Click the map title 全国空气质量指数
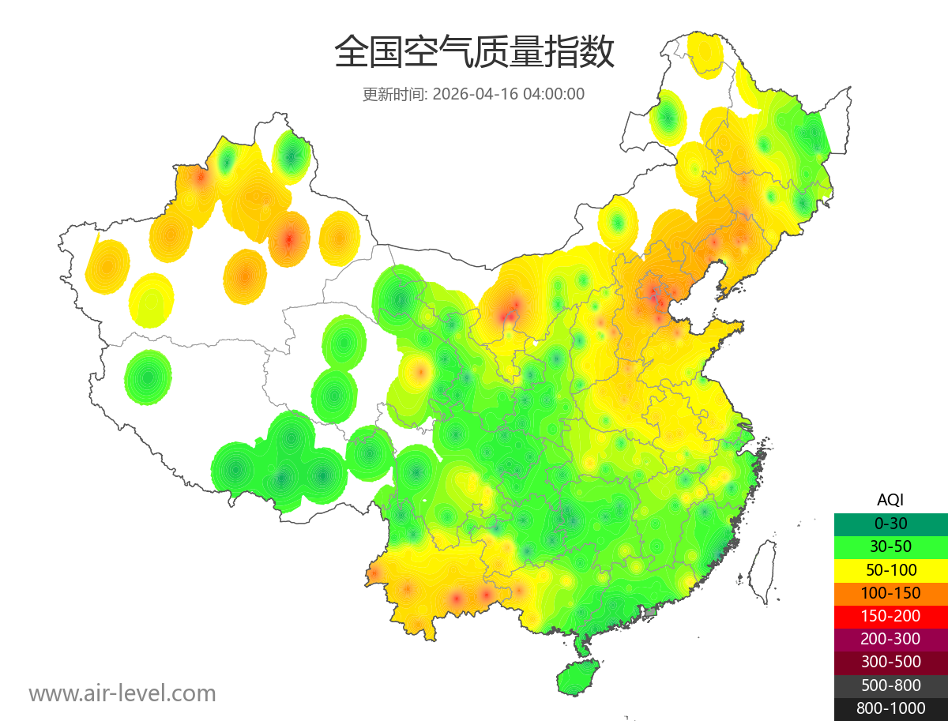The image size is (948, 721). (474, 53)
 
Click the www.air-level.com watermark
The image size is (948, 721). (122, 693)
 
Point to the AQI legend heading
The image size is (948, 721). (890, 499)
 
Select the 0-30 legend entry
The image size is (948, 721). (890, 523)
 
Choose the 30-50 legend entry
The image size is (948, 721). (890, 546)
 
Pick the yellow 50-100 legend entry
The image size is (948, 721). (890, 569)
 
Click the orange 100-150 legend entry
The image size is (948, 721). (890, 592)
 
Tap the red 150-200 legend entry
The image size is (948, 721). (890, 616)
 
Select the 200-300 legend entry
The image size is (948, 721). (890, 639)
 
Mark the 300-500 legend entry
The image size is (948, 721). (890, 662)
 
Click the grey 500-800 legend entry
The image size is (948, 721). (890, 685)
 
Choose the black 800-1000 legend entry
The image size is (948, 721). (890, 708)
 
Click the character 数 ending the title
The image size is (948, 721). (598, 53)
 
